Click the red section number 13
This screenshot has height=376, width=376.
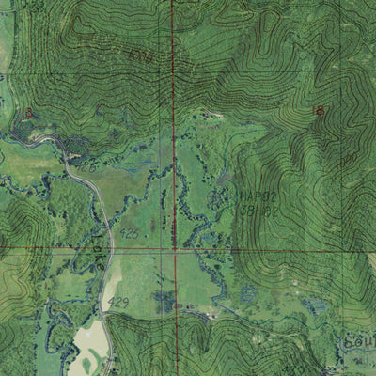25,113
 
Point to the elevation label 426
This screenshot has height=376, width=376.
131,230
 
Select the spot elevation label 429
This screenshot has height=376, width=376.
118,301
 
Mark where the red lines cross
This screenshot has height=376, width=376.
174,250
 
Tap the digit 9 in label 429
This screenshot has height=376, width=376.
125,301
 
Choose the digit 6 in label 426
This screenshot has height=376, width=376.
137,230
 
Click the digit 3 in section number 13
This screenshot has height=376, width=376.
29,113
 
